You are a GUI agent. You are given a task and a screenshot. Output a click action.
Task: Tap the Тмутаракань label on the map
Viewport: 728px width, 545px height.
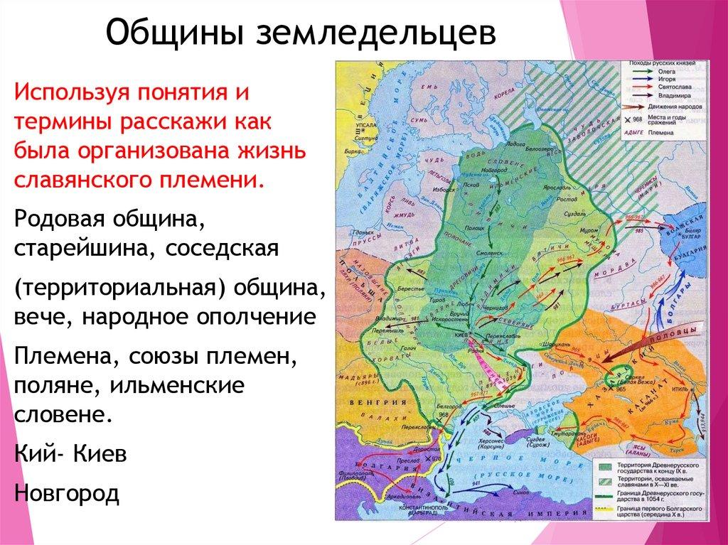click(x=565, y=431)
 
